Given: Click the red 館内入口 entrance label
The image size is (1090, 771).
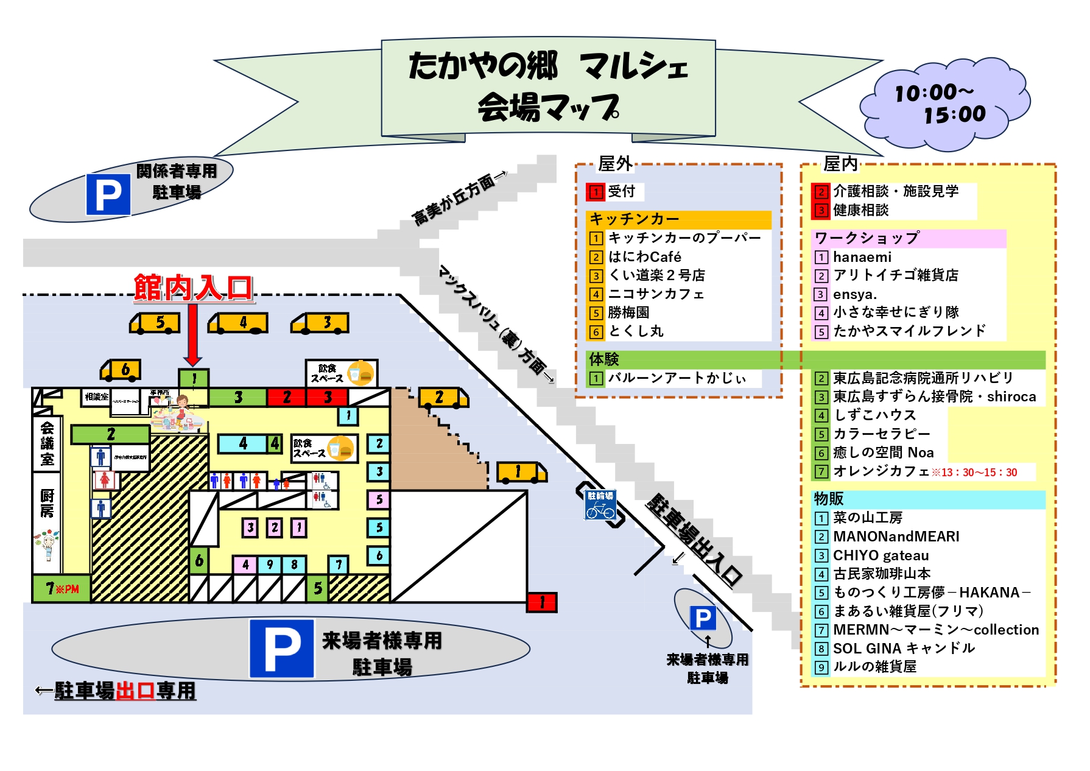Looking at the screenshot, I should pyautogui.click(x=193, y=287).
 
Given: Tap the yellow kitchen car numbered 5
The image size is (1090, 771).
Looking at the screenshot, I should pyautogui.click(x=156, y=323).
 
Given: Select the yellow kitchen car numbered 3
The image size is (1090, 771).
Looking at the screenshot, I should pyautogui.click(x=321, y=323).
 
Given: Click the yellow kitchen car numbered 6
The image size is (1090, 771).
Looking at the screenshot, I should pyautogui.click(x=122, y=370).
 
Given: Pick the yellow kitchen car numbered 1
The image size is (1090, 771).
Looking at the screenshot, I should pyautogui.click(x=521, y=472).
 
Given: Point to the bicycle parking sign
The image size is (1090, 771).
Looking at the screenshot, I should pyautogui.click(x=600, y=505).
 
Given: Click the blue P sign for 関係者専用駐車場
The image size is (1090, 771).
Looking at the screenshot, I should pyautogui.click(x=108, y=195).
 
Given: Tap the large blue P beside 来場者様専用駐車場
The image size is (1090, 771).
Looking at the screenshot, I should pyautogui.click(x=282, y=649).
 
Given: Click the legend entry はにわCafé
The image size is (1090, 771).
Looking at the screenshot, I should pyautogui.click(x=644, y=257).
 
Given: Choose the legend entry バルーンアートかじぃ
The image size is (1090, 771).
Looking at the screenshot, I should pyautogui.click(x=676, y=378).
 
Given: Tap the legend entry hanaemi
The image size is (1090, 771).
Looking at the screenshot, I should pyautogui.click(x=862, y=257).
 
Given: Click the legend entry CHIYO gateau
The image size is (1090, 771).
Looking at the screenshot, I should pyautogui.click(x=881, y=555).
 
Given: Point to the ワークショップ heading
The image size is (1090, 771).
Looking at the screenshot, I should pyautogui.click(x=867, y=238).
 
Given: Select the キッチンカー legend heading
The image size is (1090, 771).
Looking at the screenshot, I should pyautogui.click(x=634, y=219).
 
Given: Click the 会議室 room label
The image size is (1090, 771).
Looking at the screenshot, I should pyautogui.click(x=47, y=443).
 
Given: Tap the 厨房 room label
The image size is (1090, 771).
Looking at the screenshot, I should pyautogui.click(x=47, y=503).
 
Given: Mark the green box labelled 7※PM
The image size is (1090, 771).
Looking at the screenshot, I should pyautogui.click(x=62, y=589).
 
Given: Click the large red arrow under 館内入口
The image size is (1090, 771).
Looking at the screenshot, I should pyautogui.click(x=193, y=335).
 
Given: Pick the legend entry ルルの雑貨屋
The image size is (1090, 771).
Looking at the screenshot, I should pyautogui.click(x=874, y=667).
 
